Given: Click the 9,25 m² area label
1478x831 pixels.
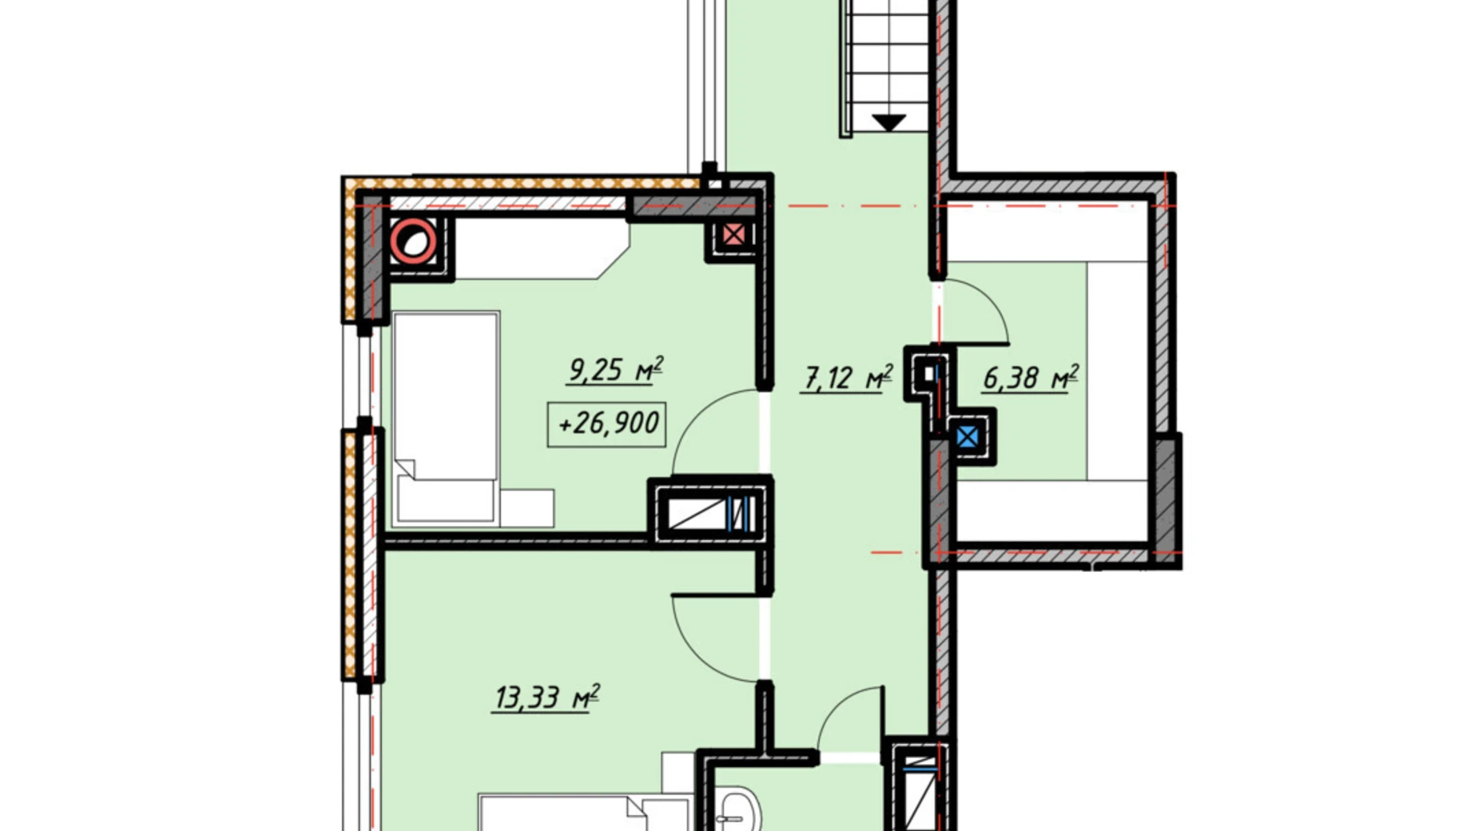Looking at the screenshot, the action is pyautogui.click(x=615, y=370).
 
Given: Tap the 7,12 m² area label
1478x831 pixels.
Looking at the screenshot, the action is pyautogui.click(x=847, y=376).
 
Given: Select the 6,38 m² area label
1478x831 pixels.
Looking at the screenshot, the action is pyautogui.click(x=1031, y=376).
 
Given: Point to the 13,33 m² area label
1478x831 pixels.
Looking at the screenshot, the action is pyautogui.click(x=546, y=697).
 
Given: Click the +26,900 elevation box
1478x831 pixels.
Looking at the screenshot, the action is pyautogui.click(x=607, y=423).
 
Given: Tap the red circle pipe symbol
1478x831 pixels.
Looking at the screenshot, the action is pyautogui.click(x=414, y=241).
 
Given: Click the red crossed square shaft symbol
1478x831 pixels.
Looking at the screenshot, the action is pyautogui.click(x=733, y=235).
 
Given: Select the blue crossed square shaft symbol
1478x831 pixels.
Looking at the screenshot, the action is pyautogui.click(x=967, y=437).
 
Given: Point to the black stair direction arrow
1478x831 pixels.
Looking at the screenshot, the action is pyautogui.click(x=888, y=122).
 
